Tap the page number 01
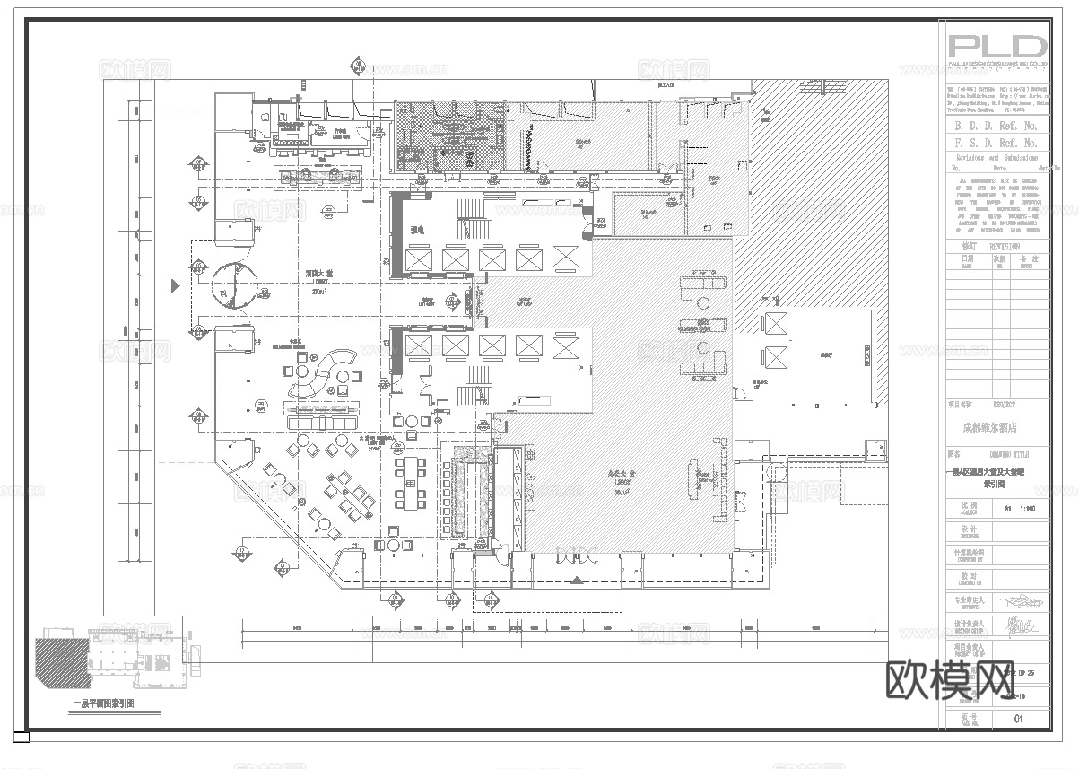click(1018, 718)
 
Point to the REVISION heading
click(1004, 246)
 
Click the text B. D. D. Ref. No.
click(996, 127)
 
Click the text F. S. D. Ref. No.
click(996, 143)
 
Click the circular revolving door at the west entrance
click(231, 286)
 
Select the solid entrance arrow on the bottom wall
click(577, 581)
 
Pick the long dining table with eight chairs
click(413, 481)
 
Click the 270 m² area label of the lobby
click(318, 292)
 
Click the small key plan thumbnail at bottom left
click(121, 665)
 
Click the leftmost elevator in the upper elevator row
click(418, 260)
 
